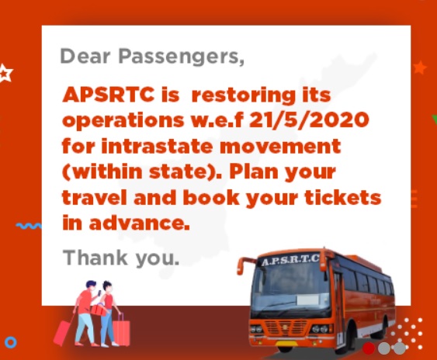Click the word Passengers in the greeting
[182, 57]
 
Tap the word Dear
[85, 56]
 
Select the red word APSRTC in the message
[109, 95]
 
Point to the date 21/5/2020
[309, 119]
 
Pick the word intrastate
[157, 146]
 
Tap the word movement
[280, 147]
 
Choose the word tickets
[343, 197]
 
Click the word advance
[139, 223]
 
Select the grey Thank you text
[121, 257]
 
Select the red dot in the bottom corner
[369, 348]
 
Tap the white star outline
[5, 73]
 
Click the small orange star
[420, 67]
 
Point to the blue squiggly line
[29, 226]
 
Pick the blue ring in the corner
[11, 342]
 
